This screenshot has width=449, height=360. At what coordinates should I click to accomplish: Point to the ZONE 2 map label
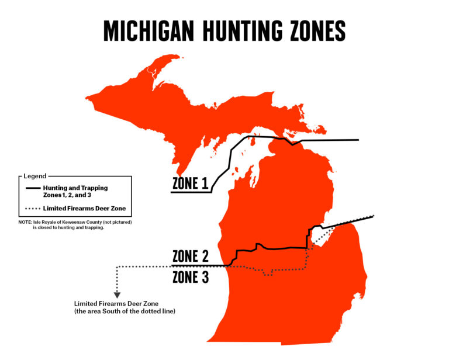[x=191, y=257]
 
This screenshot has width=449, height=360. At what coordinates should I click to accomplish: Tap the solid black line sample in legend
[x=33, y=188]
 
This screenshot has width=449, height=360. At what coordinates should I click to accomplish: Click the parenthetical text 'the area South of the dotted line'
[x=125, y=311]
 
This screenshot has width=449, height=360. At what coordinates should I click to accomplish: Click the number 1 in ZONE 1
[x=204, y=184]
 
